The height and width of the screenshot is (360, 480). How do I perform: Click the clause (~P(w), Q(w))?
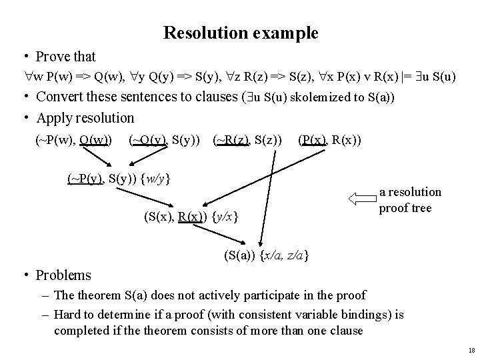73,139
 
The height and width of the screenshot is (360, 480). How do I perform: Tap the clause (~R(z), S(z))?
248,139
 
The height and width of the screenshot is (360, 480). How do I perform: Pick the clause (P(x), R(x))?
330,139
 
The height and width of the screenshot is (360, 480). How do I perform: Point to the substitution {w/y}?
158,178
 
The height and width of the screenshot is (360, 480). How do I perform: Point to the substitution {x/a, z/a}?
285,255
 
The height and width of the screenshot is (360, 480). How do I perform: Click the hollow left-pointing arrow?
361,198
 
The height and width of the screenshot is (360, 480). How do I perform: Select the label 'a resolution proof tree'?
410,199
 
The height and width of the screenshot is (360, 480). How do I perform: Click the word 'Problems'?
63,275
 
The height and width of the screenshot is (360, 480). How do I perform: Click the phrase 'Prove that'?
66,57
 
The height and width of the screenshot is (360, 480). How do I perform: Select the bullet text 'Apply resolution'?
85,118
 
